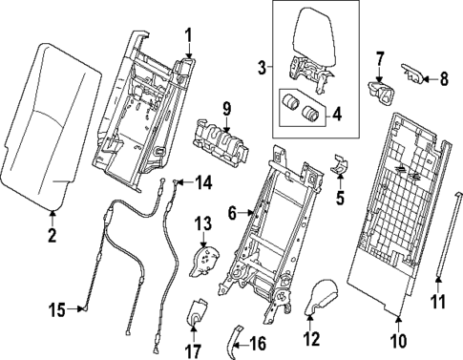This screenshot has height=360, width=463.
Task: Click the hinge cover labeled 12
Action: (323, 298)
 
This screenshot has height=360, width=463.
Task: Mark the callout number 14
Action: (203, 182)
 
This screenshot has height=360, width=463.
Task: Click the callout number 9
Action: (227, 107)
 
